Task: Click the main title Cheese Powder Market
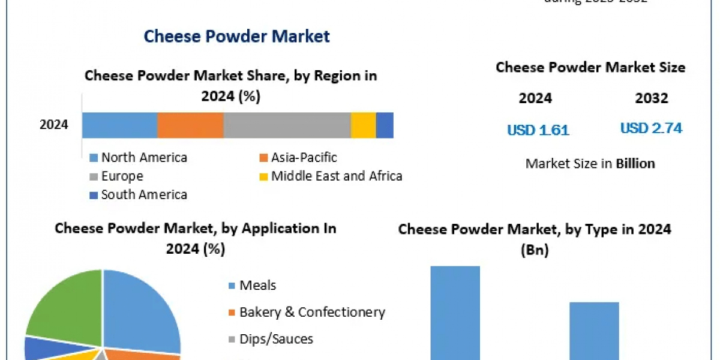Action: [x=236, y=36]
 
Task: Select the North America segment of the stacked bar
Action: [x=119, y=125]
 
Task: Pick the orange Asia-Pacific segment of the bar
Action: [x=190, y=125]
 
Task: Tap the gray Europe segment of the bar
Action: [x=287, y=125]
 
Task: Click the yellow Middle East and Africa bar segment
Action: [x=363, y=125]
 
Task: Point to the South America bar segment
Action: [x=385, y=125]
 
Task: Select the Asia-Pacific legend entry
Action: [x=304, y=158]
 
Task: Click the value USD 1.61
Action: [x=538, y=130]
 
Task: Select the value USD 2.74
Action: [x=651, y=128]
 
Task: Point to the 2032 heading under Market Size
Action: [x=651, y=98]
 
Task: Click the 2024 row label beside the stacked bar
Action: [x=54, y=125]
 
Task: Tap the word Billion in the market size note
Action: [x=635, y=163]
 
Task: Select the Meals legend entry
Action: [x=257, y=285]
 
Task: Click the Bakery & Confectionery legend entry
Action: [x=311, y=312]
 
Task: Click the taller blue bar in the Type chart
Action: [x=455, y=312]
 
